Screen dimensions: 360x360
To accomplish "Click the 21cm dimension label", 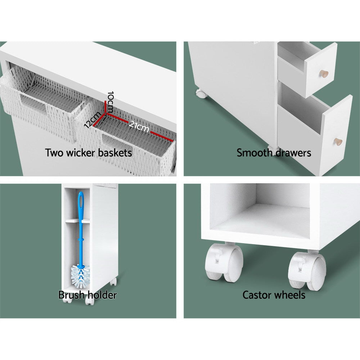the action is pyautogui.click(x=139, y=126).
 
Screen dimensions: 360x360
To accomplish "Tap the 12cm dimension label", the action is pyautogui.click(x=92, y=120).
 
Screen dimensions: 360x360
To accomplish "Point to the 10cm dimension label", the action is pyautogui.click(x=111, y=102).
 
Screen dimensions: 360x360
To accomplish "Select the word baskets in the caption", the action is pyautogui.click(x=115, y=153).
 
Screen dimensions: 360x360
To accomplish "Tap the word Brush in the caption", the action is pyautogui.click(x=71, y=295).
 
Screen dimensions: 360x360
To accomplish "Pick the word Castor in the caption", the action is pyautogui.click(x=256, y=295).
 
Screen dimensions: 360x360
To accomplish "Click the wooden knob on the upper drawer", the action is pyautogui.click(x=324, y=74).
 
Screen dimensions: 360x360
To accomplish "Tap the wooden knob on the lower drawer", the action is pyautogui.click(x=338, y=141).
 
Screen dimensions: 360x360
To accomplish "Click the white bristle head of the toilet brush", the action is pyautogui.click(x=80, y=276).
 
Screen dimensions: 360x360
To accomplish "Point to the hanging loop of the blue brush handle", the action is pyautogui.click(x=81, y=201).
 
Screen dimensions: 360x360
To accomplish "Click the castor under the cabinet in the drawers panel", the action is pyautogui.click(x=201, y=93).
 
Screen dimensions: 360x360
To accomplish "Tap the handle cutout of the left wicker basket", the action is pyautogui.click(x=33, y=103).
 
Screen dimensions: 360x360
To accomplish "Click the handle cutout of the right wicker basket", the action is pyautogui.click(x=117, y=144).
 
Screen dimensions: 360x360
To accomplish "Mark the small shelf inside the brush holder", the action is pyautogui.click(x=77, y=221).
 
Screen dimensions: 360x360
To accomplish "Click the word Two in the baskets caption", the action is pyautogui.click(x=54, y=153).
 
